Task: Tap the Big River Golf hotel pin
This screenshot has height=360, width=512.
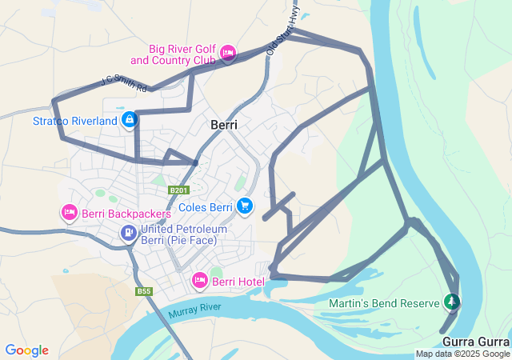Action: [x=227, y=54]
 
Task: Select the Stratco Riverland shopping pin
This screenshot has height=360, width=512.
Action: [x=129, y=120]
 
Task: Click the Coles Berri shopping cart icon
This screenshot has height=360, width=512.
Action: [x=245, y=205]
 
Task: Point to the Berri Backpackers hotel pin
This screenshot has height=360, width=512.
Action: [x=69, y=213]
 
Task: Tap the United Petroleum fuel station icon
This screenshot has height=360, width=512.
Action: [x=128, y=233]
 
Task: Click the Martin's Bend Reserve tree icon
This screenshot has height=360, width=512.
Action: [x=452, y=302]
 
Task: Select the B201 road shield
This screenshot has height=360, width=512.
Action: [x=178, y=190]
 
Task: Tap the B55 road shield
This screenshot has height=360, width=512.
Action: [x=144, y=292]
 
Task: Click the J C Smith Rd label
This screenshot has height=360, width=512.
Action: [x=124, y=82]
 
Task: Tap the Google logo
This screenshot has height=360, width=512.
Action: [x=26, y=350]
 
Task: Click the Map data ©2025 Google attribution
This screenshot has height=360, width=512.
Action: [x=462, y=354]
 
